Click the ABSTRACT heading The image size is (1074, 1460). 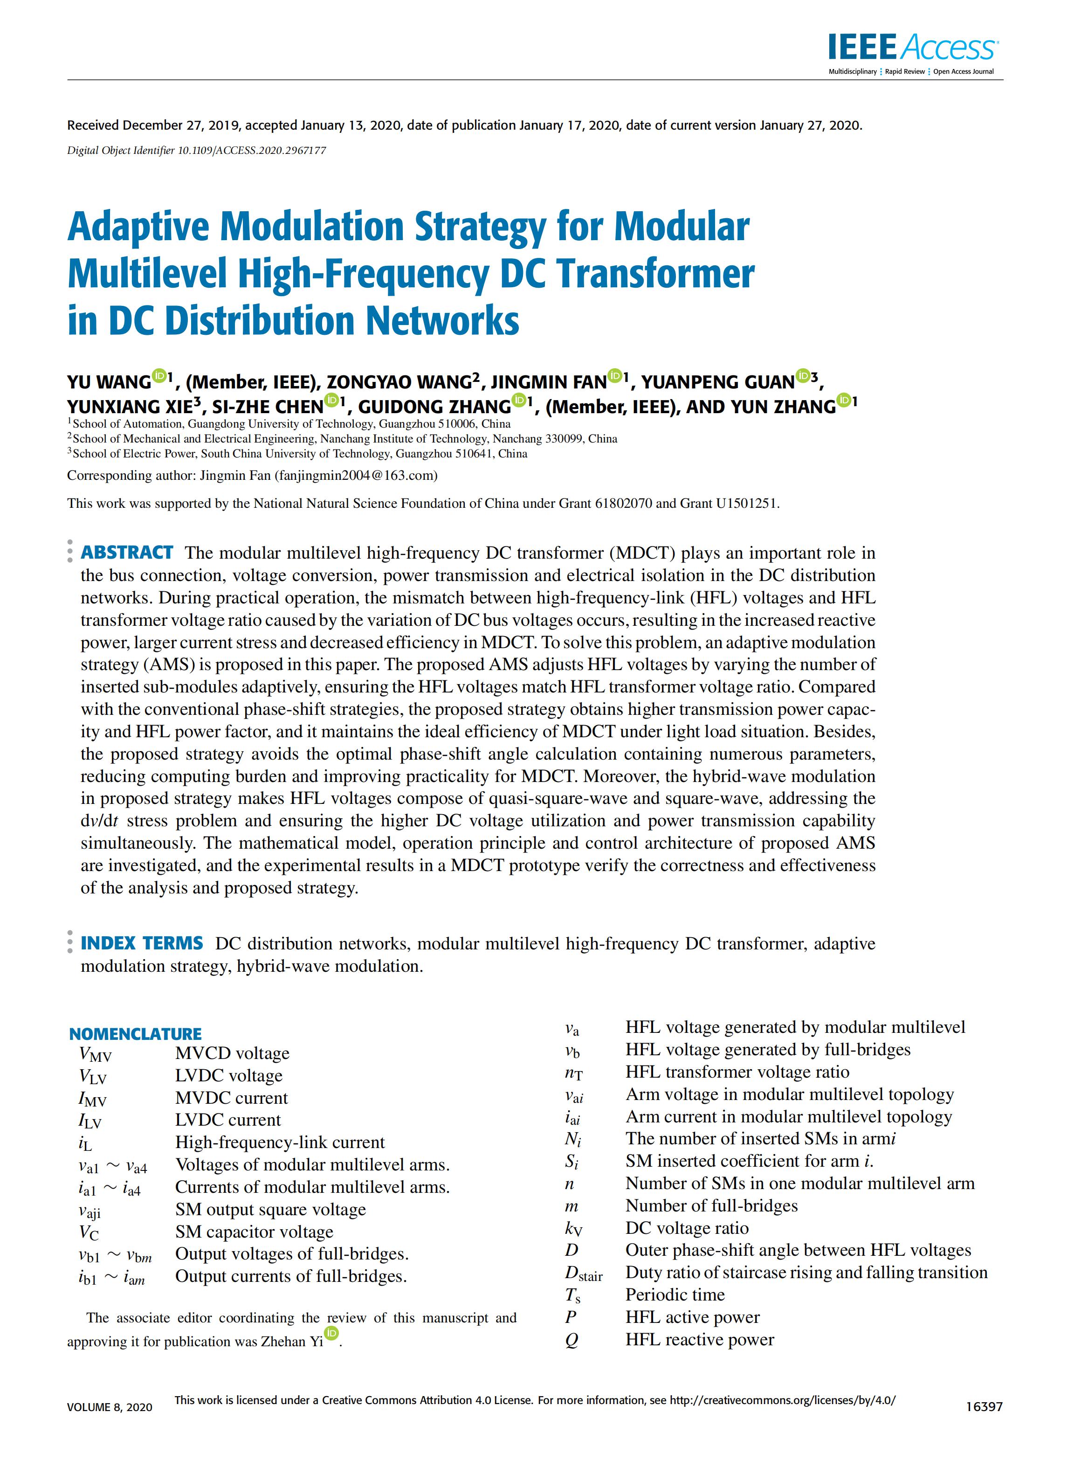coord(127,553)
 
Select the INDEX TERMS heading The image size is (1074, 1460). coord(142,943)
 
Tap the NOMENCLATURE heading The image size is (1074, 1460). coord(135,1034)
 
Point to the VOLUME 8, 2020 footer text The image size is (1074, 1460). coord(110,1407)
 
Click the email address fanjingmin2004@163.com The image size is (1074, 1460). coord(356,475)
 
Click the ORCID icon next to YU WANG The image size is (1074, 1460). coord(158,375)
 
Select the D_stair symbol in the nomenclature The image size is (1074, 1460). coord(583,1273)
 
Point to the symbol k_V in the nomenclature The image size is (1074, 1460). coord(573,1229)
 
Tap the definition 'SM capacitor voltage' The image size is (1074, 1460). coord(254,1232)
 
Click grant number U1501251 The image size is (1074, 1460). coord(746,503)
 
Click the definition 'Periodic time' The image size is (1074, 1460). coord(675,1295)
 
